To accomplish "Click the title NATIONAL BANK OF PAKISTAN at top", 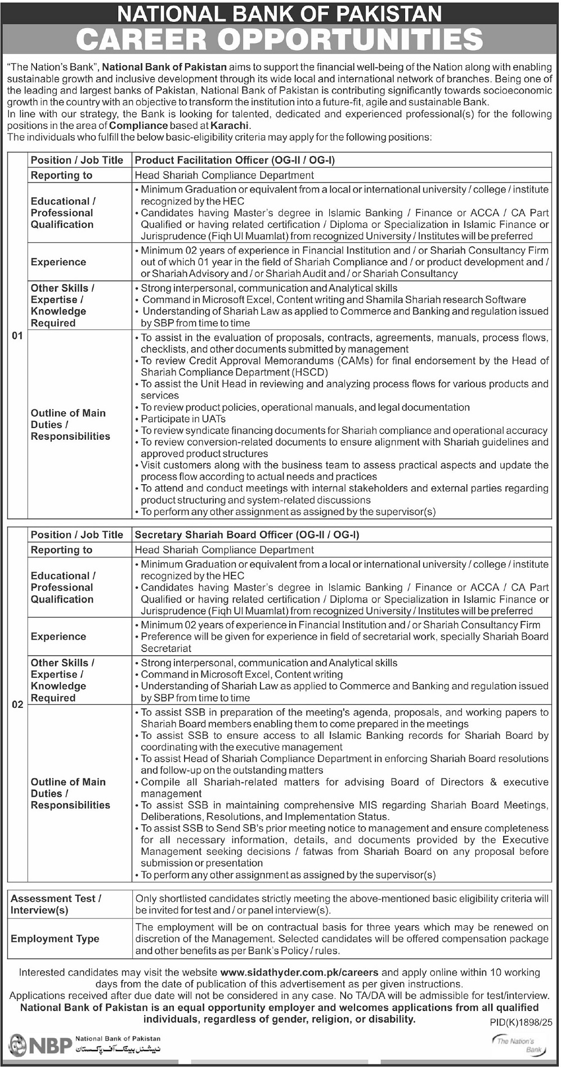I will click(x=280, y=13).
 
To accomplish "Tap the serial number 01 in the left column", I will click(x=17, y=336).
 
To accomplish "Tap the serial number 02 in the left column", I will click(x=17, y=704).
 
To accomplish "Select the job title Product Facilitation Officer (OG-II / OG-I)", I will click(x=235, y=160).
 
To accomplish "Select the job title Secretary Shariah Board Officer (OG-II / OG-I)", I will click(x=247, y=535).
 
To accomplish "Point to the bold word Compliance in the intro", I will click(x=138, y=126).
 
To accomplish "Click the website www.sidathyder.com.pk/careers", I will click(x=299, y=972).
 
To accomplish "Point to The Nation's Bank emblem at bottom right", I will click(x=517, y=1045).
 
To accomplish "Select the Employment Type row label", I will click(x=55, y=939).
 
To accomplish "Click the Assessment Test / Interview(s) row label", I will click(x=56, y=904).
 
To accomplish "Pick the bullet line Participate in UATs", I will click(x=183, y=419).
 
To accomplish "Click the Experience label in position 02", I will click(x=59, y=637).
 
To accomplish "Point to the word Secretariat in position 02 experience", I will click(x=167, y=649).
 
